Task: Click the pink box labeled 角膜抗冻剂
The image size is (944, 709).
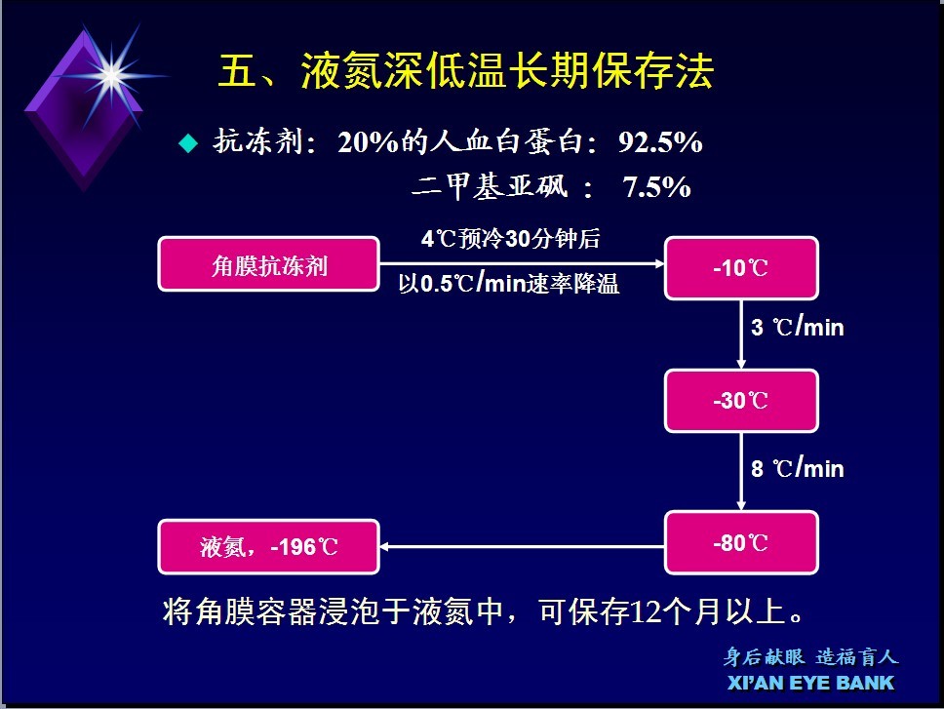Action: (x=268, y=264)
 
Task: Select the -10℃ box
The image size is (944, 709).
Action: (x=741, y=268)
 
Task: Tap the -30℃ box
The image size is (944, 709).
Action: (x=741, y=401)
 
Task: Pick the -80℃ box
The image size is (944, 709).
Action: (x=741, y=542)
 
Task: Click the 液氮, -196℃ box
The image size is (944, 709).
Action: (x=268, y=546)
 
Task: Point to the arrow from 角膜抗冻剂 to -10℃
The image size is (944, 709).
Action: (x=522, y=263)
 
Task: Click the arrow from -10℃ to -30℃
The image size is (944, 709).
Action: (x=741, y=335)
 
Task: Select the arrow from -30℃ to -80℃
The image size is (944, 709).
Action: (x=741, y=472)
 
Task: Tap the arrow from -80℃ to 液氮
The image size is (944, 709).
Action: (x=522, y=546)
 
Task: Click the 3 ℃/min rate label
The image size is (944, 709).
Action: (x=797, y=327)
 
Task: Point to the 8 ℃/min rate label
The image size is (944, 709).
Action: (x=797, y=468)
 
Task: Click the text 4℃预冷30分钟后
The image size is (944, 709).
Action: (x=511, y=239)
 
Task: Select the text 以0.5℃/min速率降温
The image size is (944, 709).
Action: (x=509, y=283)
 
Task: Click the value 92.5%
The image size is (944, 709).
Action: (x=660, y=142)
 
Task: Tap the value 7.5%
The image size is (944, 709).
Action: (x=656, y=187)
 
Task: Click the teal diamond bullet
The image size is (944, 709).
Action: (x=188, y=143)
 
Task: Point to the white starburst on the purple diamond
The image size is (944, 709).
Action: (x=112, y=76)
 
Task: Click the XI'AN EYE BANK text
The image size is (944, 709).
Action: (x=811, y=683)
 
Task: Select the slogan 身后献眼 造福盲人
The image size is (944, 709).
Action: (x=810, y=656)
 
